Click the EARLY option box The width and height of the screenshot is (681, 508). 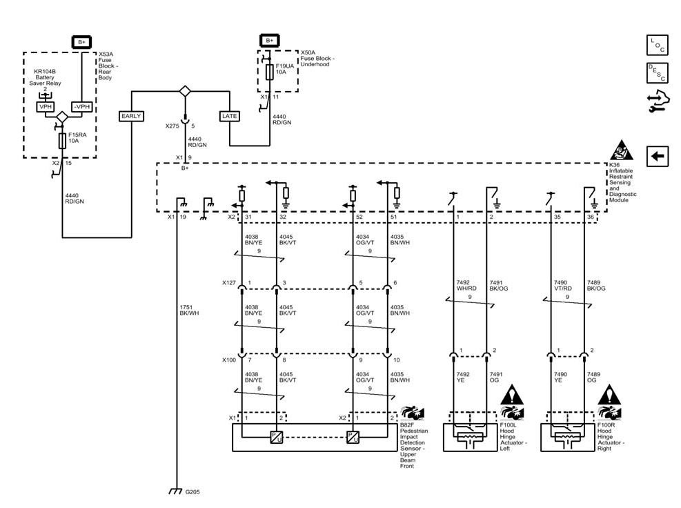(x=131, y=116)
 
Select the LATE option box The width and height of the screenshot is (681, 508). (x=230, y=116)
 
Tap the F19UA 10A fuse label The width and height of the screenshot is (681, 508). (x=285, y=70)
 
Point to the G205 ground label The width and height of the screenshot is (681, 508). (x=193, y=492)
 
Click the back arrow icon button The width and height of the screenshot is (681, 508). (x=657, y=156)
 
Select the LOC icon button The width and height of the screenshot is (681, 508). (x=657, y=46)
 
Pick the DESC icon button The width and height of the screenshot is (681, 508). (x=657, y=72)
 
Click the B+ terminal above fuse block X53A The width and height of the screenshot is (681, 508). (x=82, y=42)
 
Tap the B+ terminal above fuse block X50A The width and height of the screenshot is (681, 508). (x=268, y=40)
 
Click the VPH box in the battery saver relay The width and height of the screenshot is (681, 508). (x=46, y=106)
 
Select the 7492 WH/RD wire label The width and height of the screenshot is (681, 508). (x=466, y=286)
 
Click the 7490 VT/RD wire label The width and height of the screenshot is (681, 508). (x=564, y=286)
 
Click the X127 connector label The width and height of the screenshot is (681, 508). (x=230, y=282)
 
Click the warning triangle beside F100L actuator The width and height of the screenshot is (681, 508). (x=511, y=395)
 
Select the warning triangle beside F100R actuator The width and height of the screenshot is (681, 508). (x=608, y=395)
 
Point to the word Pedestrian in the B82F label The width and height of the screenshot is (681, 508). (x=415, y=431)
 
